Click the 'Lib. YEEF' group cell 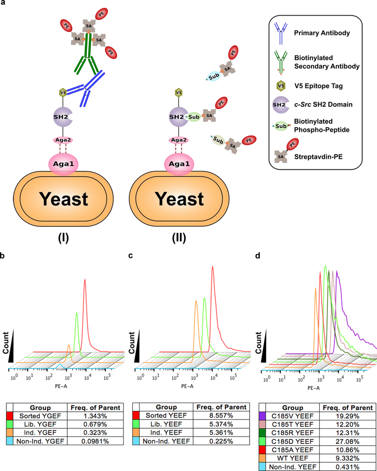pyautogui.click(x=168, y=425)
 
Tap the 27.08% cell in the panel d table pyautogui.click(x=343, y=434)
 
